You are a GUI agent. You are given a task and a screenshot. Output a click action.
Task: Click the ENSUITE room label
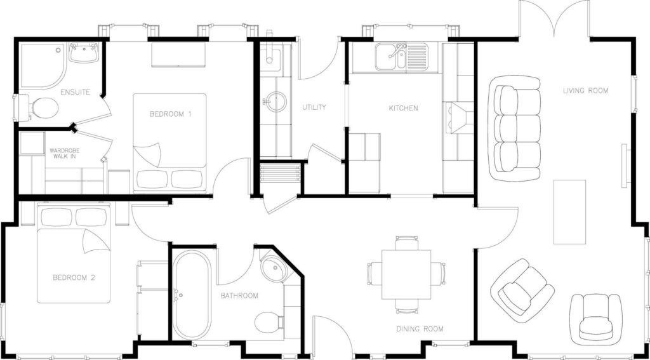click(75, 92)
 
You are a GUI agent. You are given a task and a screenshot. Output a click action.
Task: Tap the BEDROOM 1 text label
click(170, 114)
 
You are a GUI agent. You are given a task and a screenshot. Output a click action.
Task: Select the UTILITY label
click(314, 107)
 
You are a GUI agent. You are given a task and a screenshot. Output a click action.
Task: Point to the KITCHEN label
click(403, 108)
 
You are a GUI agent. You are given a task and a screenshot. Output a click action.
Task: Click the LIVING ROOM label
click(585, 90)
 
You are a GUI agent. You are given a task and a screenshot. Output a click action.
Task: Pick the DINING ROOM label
click(420, 330)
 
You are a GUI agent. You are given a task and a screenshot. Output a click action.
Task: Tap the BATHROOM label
click(239, 296)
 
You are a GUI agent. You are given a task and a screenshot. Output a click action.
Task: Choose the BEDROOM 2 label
click(74, 277)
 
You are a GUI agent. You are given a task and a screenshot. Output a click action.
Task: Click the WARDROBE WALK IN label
click(64, 154)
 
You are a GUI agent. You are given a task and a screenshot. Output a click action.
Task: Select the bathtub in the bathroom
click(192, 294)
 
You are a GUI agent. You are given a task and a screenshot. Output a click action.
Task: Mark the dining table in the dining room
click(406, 274)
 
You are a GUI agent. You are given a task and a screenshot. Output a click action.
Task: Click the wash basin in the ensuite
click(84, 53)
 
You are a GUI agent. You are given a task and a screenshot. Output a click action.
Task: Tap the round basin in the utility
click(275, 102)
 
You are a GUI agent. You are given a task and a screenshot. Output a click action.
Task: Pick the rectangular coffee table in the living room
click(570, 212)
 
